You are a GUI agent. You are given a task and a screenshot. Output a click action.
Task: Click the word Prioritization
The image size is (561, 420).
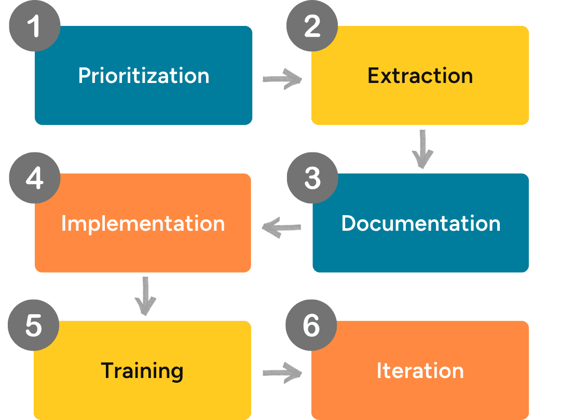[x=144, y=76]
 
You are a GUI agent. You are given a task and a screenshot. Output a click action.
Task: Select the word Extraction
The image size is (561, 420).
[x=420, y=76]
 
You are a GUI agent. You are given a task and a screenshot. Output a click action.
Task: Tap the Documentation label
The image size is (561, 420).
[x=421, y=223]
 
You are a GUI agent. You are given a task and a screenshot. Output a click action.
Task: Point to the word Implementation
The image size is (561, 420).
[x=143, y=223]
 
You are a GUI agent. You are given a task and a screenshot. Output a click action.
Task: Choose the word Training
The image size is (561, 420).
[x=142, y=371]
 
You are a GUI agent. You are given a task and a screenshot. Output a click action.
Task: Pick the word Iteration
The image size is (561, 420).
[x=420, y=371]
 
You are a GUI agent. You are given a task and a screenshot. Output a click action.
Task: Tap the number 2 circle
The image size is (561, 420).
[x=312, y=26]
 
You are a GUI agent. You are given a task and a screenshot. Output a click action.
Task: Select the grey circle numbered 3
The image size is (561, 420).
[x=312, y=178]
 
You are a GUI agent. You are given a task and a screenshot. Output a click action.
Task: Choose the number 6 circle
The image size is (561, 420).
[x=311, y=326]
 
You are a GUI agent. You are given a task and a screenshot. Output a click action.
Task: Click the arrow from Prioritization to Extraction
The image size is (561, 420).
[x=282, y=79]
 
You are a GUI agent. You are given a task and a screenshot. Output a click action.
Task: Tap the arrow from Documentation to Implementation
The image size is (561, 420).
[x=282, y=228]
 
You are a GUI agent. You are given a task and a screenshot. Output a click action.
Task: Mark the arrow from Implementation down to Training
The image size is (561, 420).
[x=145, y=296]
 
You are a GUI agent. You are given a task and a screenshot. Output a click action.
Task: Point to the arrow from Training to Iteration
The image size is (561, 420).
[x=282, y=372]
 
